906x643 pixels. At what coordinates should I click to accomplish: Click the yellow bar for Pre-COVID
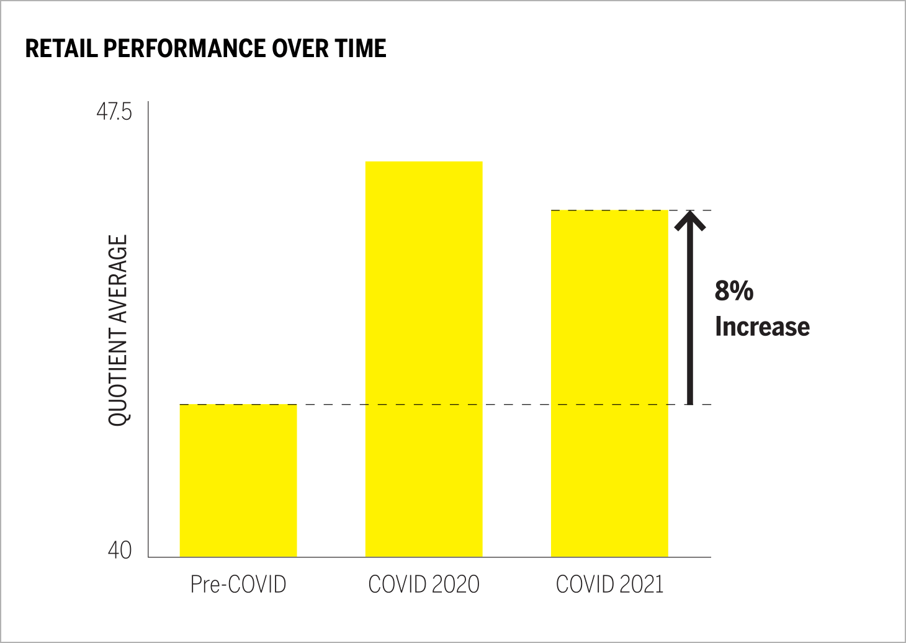pyautogui.click(x=238, y=480)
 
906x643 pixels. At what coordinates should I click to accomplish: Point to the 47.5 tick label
pyautogui.click(x=114, y=113)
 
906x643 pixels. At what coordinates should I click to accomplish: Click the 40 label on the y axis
pyautogui.click(x=119, y=550)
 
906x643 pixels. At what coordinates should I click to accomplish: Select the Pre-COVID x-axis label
pyautogui.click(x=238, y=585)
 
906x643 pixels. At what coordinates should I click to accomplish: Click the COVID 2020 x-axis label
pyautogui.click(x=424, y=585)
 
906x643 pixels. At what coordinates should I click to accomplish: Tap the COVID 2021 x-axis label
pyautogui.click(x=609, y=585)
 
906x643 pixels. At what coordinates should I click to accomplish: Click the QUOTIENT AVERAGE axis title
pyautogui.click(x=117, y=330)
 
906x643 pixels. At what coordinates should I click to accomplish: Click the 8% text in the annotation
pyautogui.click(x=733, y=290)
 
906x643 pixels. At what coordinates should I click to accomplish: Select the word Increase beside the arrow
pyautogui.click(x=762, y=326)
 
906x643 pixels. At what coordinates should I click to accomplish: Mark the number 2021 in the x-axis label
pyautogui.click(x=640, y=585)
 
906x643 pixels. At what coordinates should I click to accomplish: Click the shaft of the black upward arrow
pyautogui.click(x=689, y=323)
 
